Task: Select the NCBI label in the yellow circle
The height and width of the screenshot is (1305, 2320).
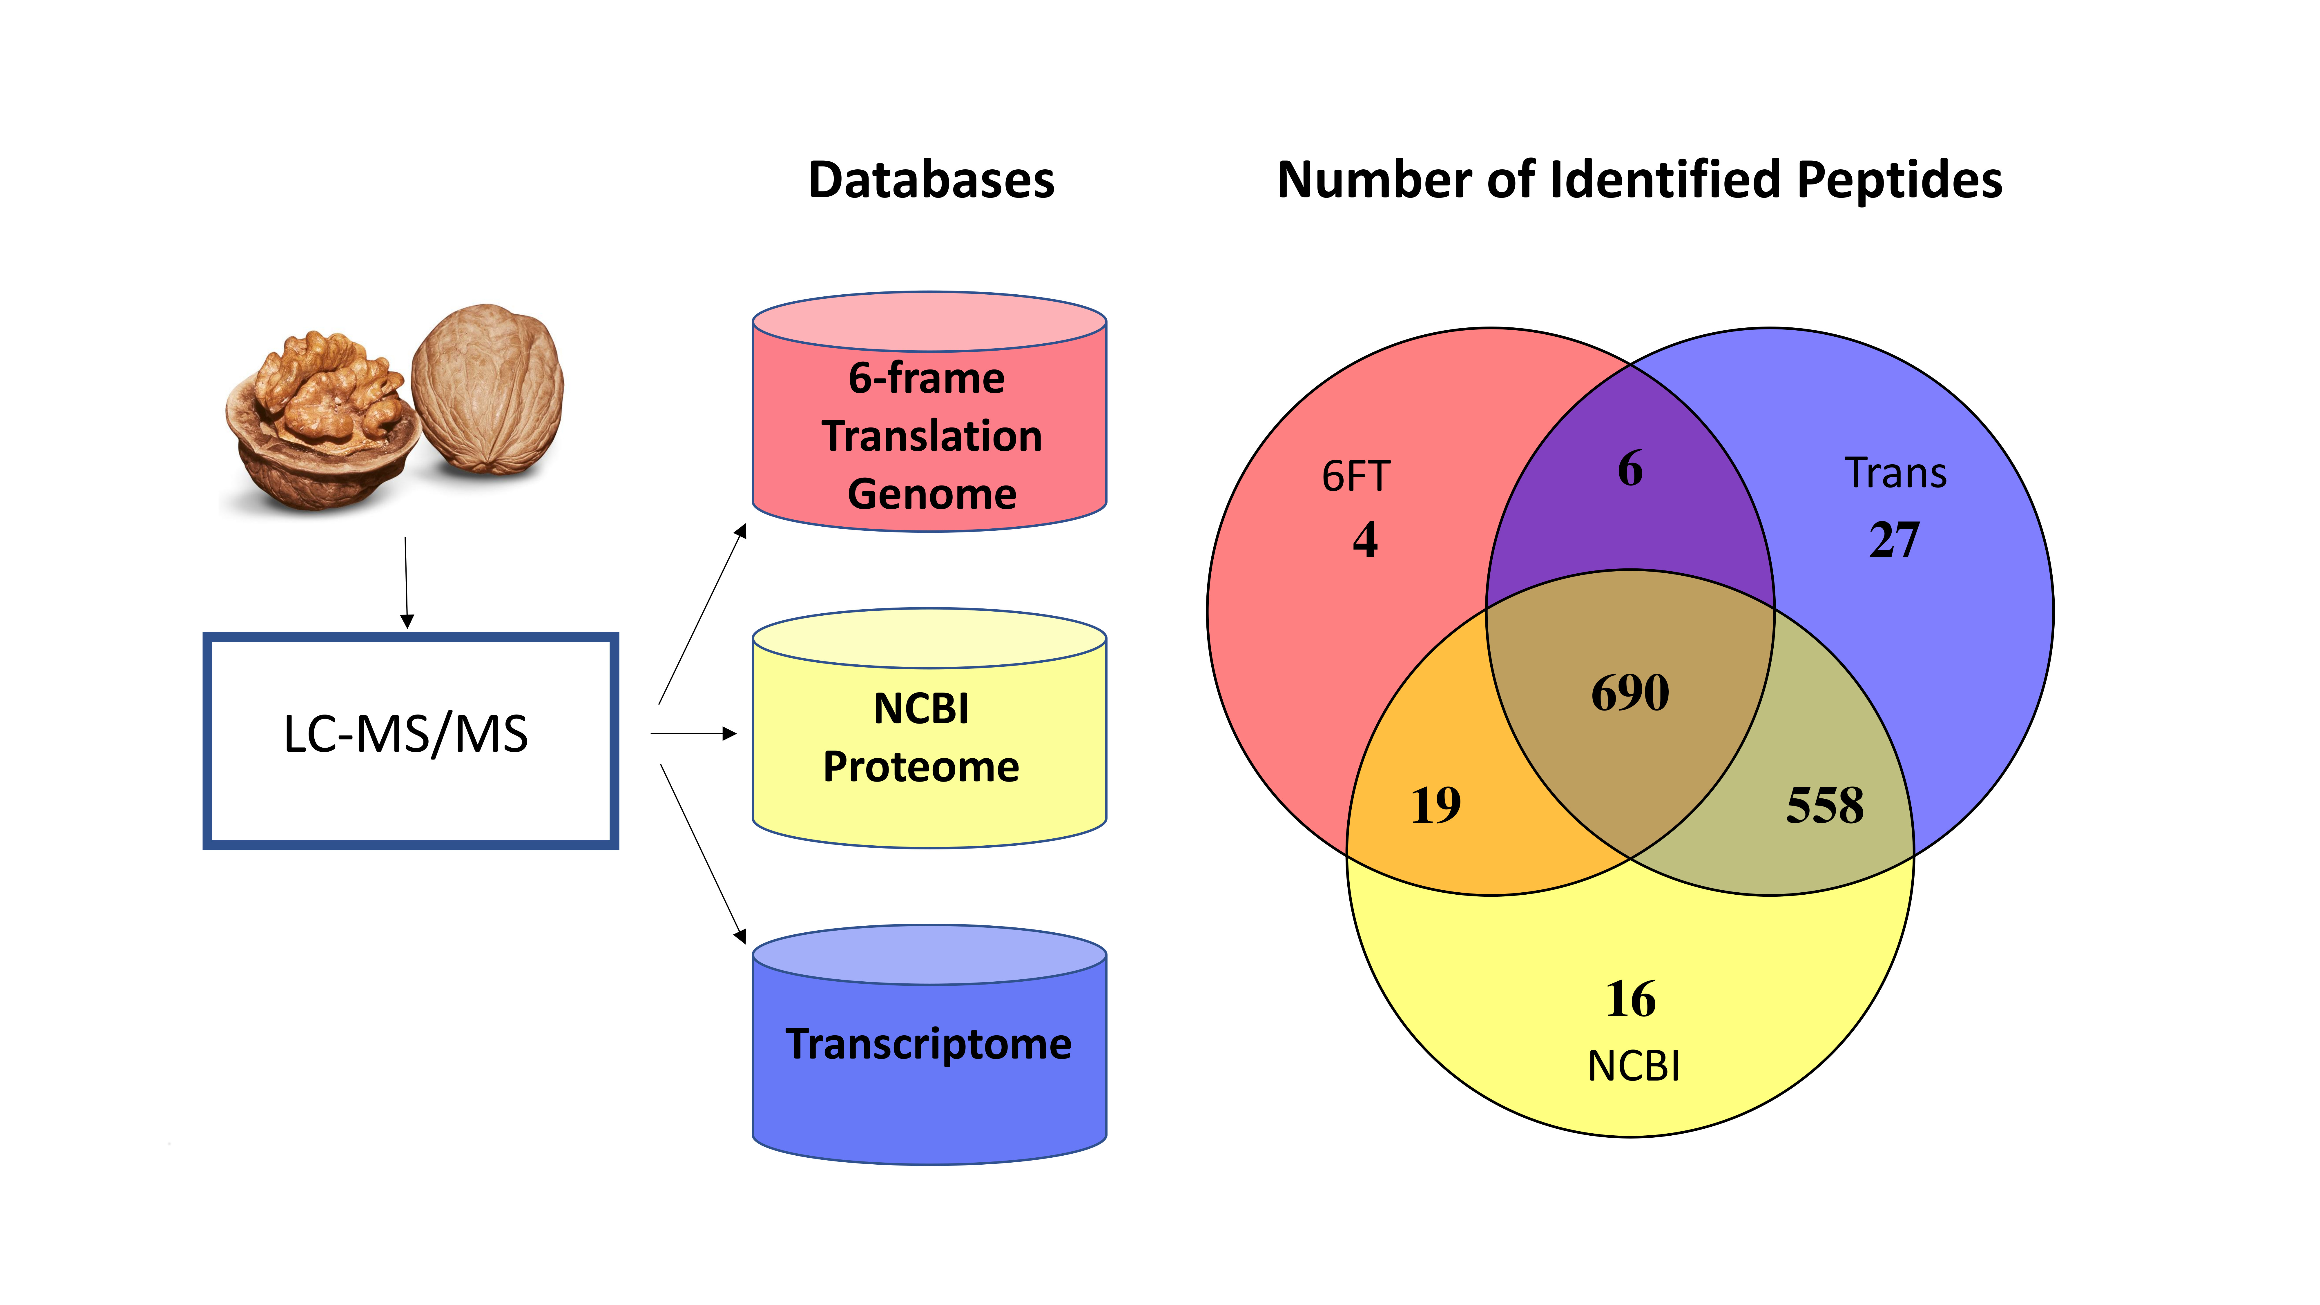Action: (x=1633, y=1066)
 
